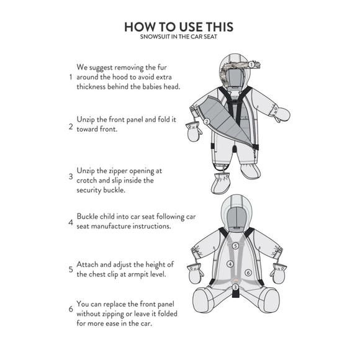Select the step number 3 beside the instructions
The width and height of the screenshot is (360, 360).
[x=70, y=176]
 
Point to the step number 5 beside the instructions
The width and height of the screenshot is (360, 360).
[x=70, y=270]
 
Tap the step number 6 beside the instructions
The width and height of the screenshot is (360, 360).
[x=70, y=309]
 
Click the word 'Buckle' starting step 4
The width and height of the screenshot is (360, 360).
[x=89, y=217]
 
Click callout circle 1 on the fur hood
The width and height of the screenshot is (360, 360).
[x=251, y=64]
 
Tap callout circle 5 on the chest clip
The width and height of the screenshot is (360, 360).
[x=235, y=246]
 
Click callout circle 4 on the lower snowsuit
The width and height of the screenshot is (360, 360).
[x=230, y=264]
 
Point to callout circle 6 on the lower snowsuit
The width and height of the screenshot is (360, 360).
[x=248, y=272]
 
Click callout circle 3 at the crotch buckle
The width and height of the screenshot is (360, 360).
[x=235, y=287]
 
